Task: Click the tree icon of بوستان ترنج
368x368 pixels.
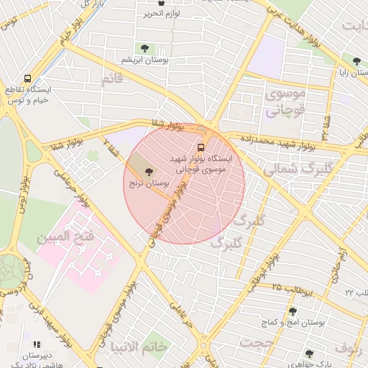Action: [x=170, y=172]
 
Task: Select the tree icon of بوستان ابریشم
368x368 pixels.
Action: [x=145, y=48]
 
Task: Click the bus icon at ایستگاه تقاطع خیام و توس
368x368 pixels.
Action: [x=27, y=78]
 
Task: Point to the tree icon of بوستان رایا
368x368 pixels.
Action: [x=356, y=60]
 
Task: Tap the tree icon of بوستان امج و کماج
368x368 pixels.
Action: [x=293, y=311]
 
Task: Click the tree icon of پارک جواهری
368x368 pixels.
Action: [x=309, y=354]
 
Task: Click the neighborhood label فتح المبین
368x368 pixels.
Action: [x=66, y=236]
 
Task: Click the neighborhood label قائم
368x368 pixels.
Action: [x=117, y=80]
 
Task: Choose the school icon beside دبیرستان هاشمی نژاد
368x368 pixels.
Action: [x=37, y=346]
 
